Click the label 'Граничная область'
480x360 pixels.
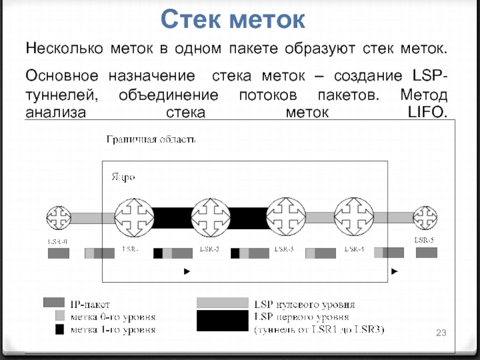(x=151, y=140)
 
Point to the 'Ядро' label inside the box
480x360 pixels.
(x=123, y=177)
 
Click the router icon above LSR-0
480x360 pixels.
(x=59, y=217)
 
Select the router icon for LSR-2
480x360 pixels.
(x=209, y=217)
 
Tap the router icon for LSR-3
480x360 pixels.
(x=286, y=216)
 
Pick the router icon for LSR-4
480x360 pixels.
(x=355, y=217)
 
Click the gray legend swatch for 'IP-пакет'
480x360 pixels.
(x=53, y=302)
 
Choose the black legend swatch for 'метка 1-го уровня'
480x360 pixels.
(x=59, y=329)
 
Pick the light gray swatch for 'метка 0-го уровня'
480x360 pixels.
(x=59, y=316)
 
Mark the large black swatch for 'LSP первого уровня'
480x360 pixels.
(x=222, y=321)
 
